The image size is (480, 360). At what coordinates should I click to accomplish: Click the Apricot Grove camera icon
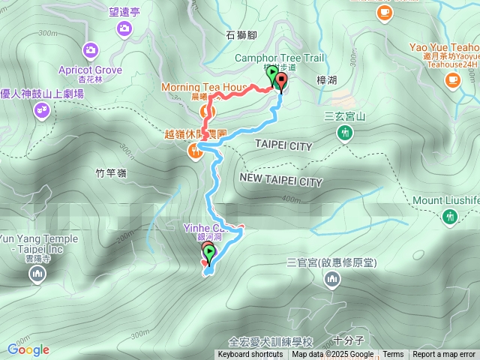click(91, 51)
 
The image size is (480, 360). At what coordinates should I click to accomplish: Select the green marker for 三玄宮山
click(344, 133)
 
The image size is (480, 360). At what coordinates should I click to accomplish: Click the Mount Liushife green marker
click(450, 217)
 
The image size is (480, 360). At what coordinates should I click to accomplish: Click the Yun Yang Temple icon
click(37, 276)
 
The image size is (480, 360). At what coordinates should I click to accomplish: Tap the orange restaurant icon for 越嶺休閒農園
click(195, 151)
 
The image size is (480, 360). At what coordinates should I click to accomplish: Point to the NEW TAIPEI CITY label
click(281, 181)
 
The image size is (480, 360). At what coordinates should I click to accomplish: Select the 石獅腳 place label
click(241, 34)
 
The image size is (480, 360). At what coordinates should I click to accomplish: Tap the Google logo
click(28, 349)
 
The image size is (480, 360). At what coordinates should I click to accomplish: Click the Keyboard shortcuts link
click(250, 355)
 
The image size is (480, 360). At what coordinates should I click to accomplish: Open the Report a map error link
click(444, 355)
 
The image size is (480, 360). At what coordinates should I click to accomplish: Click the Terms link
click(393, 355)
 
